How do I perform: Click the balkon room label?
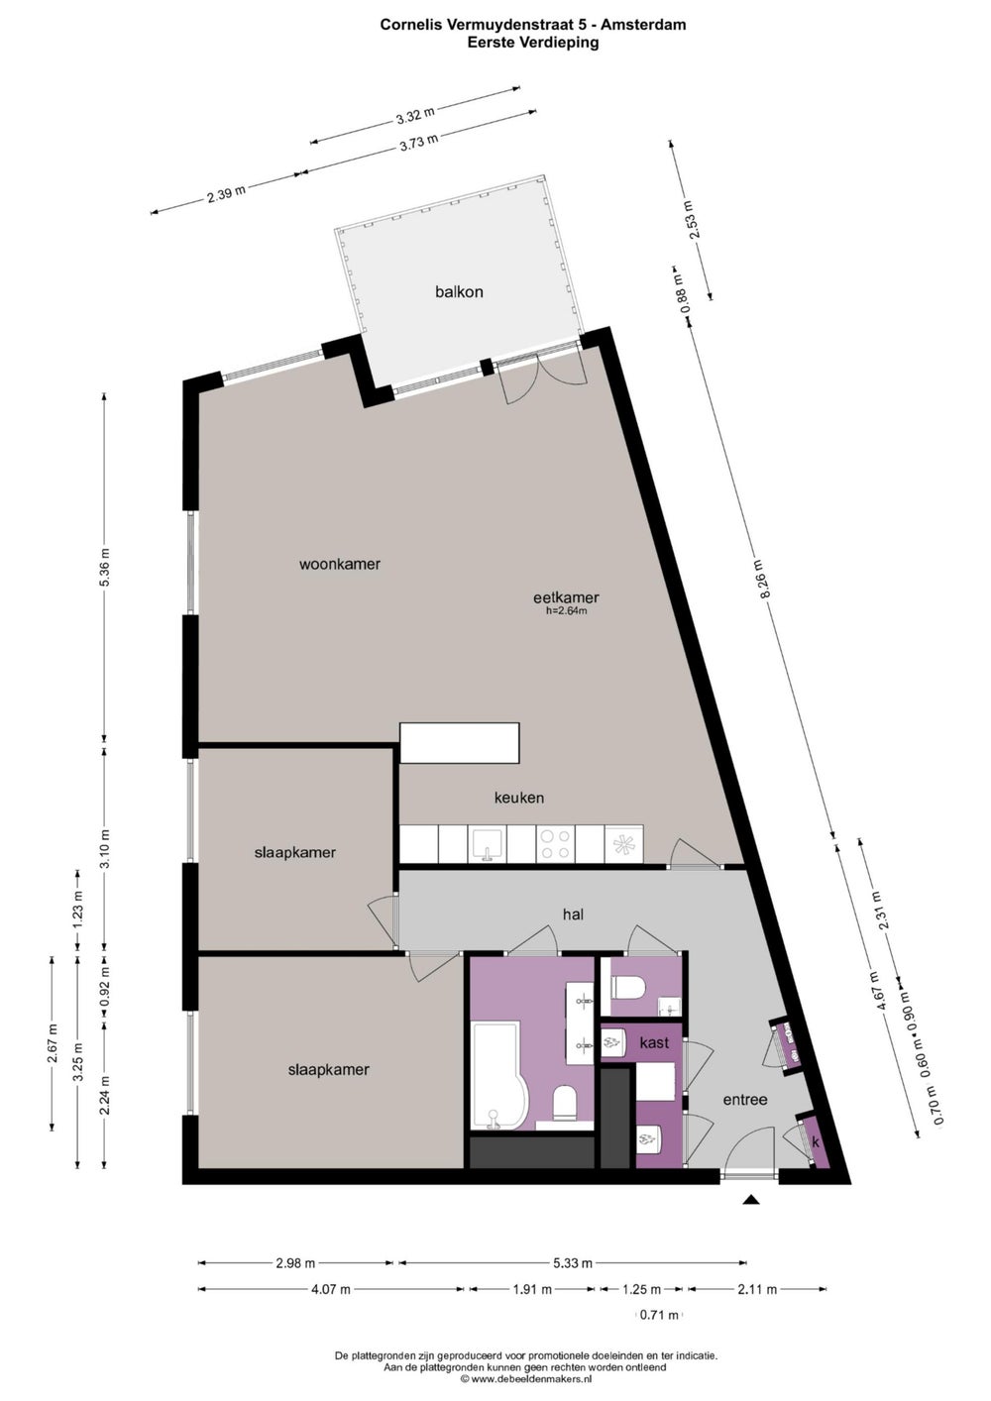click(x=459, y=291)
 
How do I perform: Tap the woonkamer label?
click(x=340, y=564)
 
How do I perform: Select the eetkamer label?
click(x=566, y=597)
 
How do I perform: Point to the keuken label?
click(x=518, y=798)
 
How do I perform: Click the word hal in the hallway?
click(x=573, y=915)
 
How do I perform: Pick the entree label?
click(x=745, y=1099)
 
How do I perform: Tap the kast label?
click(x=654, y=1042)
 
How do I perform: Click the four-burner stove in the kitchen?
click(x=556, y=844)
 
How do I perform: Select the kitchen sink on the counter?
click(x=487, y=844)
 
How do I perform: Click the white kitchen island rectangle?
click(x=460, y=743)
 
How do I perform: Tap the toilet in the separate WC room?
click(x=629, y=989)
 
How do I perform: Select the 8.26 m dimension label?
click(x=764, y=578)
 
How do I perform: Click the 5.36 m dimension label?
click(x=105, y=567)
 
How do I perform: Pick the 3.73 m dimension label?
click(x=418, y=142)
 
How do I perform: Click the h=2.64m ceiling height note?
click(x=566, y=611)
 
